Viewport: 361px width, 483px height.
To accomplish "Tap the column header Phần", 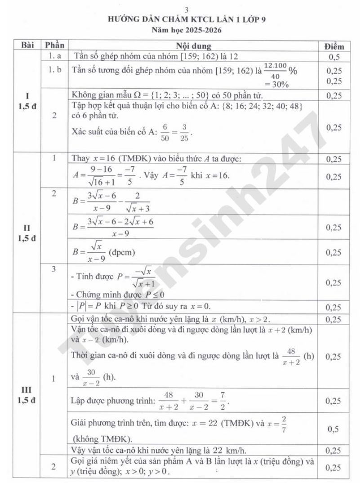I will coord(54,45).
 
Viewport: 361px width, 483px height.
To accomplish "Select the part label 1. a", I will coord(54,56).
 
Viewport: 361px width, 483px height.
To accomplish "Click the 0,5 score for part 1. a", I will coord(334,57).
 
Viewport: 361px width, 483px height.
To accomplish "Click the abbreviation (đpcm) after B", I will coord(122,252).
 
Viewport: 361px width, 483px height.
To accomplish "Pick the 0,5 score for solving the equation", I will coord(333,429).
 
